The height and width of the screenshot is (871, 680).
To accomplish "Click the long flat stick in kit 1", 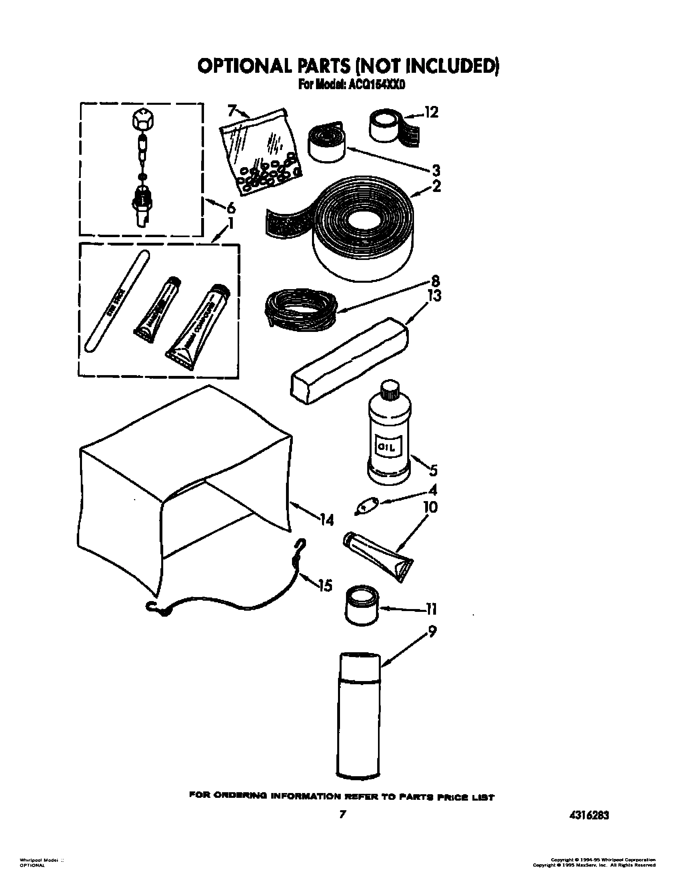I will click(x=117, y=301).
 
